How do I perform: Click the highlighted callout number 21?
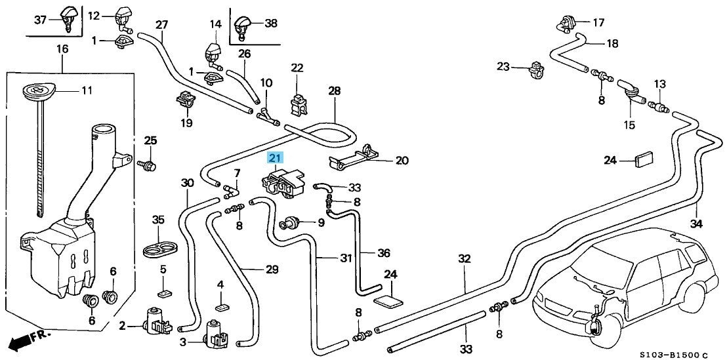[x=276, y=158]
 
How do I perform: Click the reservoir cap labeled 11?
[x=39, y=89]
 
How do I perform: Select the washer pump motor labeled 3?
[x=216, y=334]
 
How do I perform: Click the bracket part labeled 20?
[x=353, y=157]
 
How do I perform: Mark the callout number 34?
[x=696, y=224]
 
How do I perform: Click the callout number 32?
[x=464, y=258]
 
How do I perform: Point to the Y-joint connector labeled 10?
[x=267, y=115]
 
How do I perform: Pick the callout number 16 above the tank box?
[x=62, y=49]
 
